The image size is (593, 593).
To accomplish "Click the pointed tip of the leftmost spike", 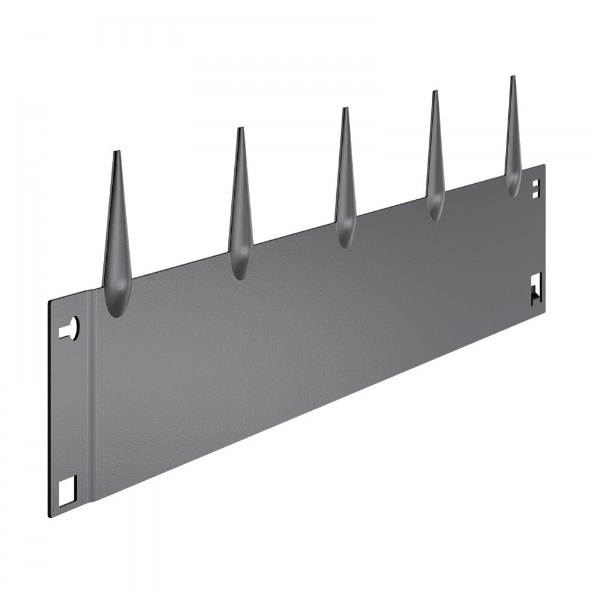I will click(x=117, y=152).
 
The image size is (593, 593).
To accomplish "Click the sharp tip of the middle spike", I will click(x=345, y=109).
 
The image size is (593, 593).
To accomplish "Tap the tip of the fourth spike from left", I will click(x=435, y=92).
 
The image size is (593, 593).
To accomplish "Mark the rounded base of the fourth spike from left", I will click(x=436, y=215).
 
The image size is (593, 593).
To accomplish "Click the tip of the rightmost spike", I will click(x=512, y=77).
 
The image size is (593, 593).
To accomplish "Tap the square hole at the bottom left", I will click(x=68, y=490).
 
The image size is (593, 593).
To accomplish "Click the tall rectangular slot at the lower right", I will click(x=537, y=289).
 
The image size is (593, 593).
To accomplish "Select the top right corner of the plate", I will click(x=545, y=165).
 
